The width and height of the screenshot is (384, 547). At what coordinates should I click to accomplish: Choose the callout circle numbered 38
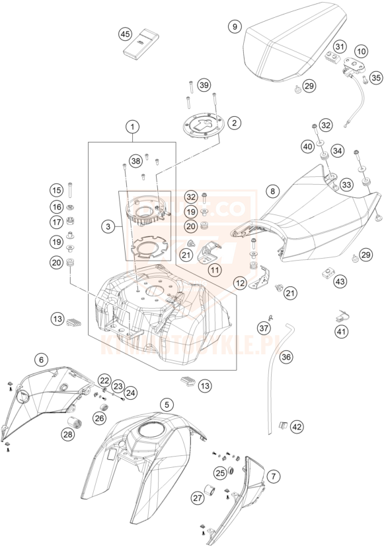[135, 160]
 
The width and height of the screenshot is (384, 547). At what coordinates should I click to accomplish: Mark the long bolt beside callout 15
[71, 191]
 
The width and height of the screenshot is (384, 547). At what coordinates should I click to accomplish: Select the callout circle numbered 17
[56, 222]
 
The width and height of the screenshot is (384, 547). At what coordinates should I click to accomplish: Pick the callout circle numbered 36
[286, 357]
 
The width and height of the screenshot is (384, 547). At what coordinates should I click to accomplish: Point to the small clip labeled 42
[280, 426]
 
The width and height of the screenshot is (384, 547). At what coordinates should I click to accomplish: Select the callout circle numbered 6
[42, 360]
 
